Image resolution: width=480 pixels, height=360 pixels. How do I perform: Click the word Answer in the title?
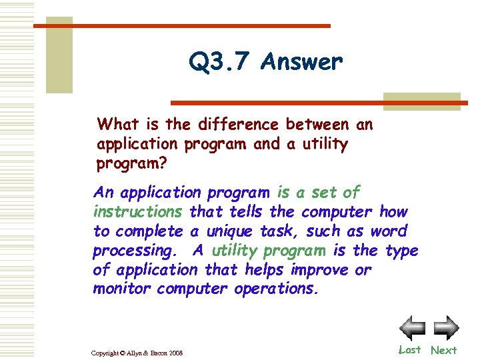click(x=302, y=62)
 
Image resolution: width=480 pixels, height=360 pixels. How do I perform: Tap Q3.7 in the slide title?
click(x=219, y=63)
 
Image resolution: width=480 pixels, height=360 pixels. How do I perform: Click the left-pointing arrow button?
click(x=412, y=327)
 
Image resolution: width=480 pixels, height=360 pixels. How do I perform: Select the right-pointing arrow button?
click(x=446, y=327)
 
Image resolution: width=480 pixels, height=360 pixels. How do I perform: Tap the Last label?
click(x=409, y=349)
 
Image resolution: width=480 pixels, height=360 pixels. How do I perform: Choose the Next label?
click(x=443, y=350)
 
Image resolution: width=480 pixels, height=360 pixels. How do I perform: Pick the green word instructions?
click(x=138, y=212)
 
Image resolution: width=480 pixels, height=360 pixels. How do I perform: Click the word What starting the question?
click(x=117, y=124)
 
